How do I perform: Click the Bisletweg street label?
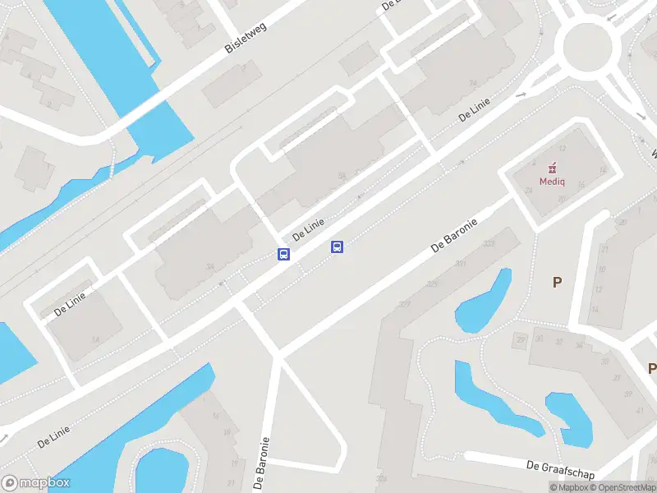tap(246, 36)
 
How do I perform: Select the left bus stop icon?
tap(283, 254)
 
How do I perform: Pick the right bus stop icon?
tap(336, 246)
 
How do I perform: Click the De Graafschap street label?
tap(560, 467)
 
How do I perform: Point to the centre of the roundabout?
tap(588, 46)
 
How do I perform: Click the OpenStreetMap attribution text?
tap(623, 487)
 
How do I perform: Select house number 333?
tap(489, 244)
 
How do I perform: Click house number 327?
tap(404, 304)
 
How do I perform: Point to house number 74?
tap(472, 84)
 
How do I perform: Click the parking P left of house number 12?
tap(557, 282)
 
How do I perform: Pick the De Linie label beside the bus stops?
tap(309, 228)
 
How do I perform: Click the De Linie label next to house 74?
tap(475, 109)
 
